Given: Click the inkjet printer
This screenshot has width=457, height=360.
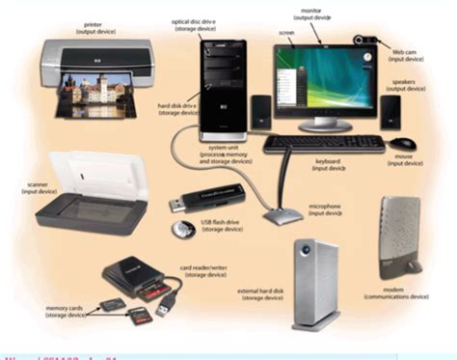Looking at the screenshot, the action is (87, 68).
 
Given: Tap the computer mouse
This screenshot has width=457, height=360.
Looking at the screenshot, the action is (402, 144).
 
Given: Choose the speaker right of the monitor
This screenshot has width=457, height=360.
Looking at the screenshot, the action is (390, 111).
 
